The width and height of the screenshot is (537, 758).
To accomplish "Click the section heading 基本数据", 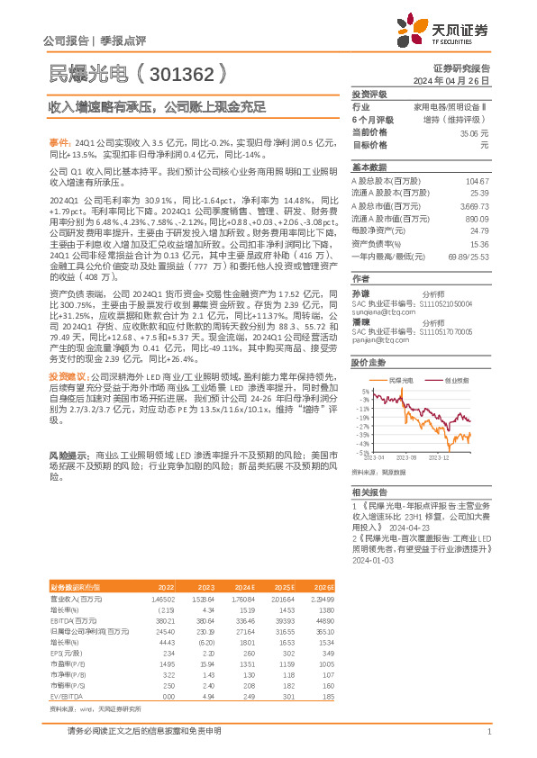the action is [x=369, y=167].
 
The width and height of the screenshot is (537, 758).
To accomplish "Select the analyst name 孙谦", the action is [x=360, y=293].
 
